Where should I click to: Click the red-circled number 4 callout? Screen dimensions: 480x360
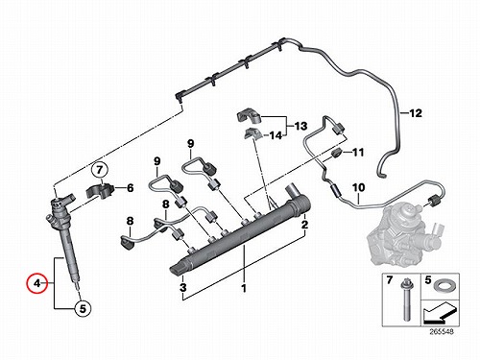tap(37, 283)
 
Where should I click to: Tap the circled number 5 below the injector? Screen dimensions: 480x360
tap(83, 308)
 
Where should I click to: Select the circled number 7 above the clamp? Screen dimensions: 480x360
tap(100, 170)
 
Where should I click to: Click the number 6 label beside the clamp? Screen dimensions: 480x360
tap(130, 188)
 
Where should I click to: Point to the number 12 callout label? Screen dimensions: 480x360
tap(416, 113)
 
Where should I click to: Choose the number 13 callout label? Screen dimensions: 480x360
tap(300, 126)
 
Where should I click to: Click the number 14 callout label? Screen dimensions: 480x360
tap(276, 135)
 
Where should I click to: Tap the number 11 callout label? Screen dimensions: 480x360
tap(358, 152)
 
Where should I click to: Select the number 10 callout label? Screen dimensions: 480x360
tap(359, 187)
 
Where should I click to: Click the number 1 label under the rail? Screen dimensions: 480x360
tap(244, 288)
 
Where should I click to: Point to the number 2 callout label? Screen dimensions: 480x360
tap(304, 225)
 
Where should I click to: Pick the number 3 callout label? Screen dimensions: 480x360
tap(182, 287)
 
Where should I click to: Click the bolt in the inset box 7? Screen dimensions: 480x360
tap(404, 300)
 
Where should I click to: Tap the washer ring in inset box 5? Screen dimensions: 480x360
tap(441, 285)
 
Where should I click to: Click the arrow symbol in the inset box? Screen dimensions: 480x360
tap(440, 314)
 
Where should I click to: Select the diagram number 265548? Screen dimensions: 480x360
tap(442, 332)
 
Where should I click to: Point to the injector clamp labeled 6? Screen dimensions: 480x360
tap(101, 191)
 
